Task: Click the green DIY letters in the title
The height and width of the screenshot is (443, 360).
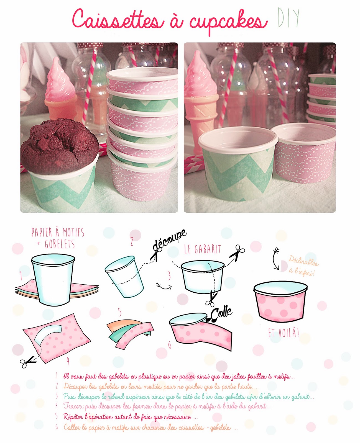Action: coord(288,18)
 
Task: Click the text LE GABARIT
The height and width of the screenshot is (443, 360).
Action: coord(202,249)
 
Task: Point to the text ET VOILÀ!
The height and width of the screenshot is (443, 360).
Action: coord(284,333)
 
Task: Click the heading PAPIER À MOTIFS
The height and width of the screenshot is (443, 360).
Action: coord(58,232)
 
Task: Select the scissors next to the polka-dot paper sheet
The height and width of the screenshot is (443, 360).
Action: coord(28,362)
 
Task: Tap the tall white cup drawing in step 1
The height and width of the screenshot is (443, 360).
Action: coord(53,279)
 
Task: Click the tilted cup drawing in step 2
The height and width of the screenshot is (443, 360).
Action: coord(124,277)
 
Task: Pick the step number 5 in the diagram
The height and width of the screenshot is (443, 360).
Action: coord(119,312)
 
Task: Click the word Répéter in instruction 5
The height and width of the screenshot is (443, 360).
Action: coord(73,417)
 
